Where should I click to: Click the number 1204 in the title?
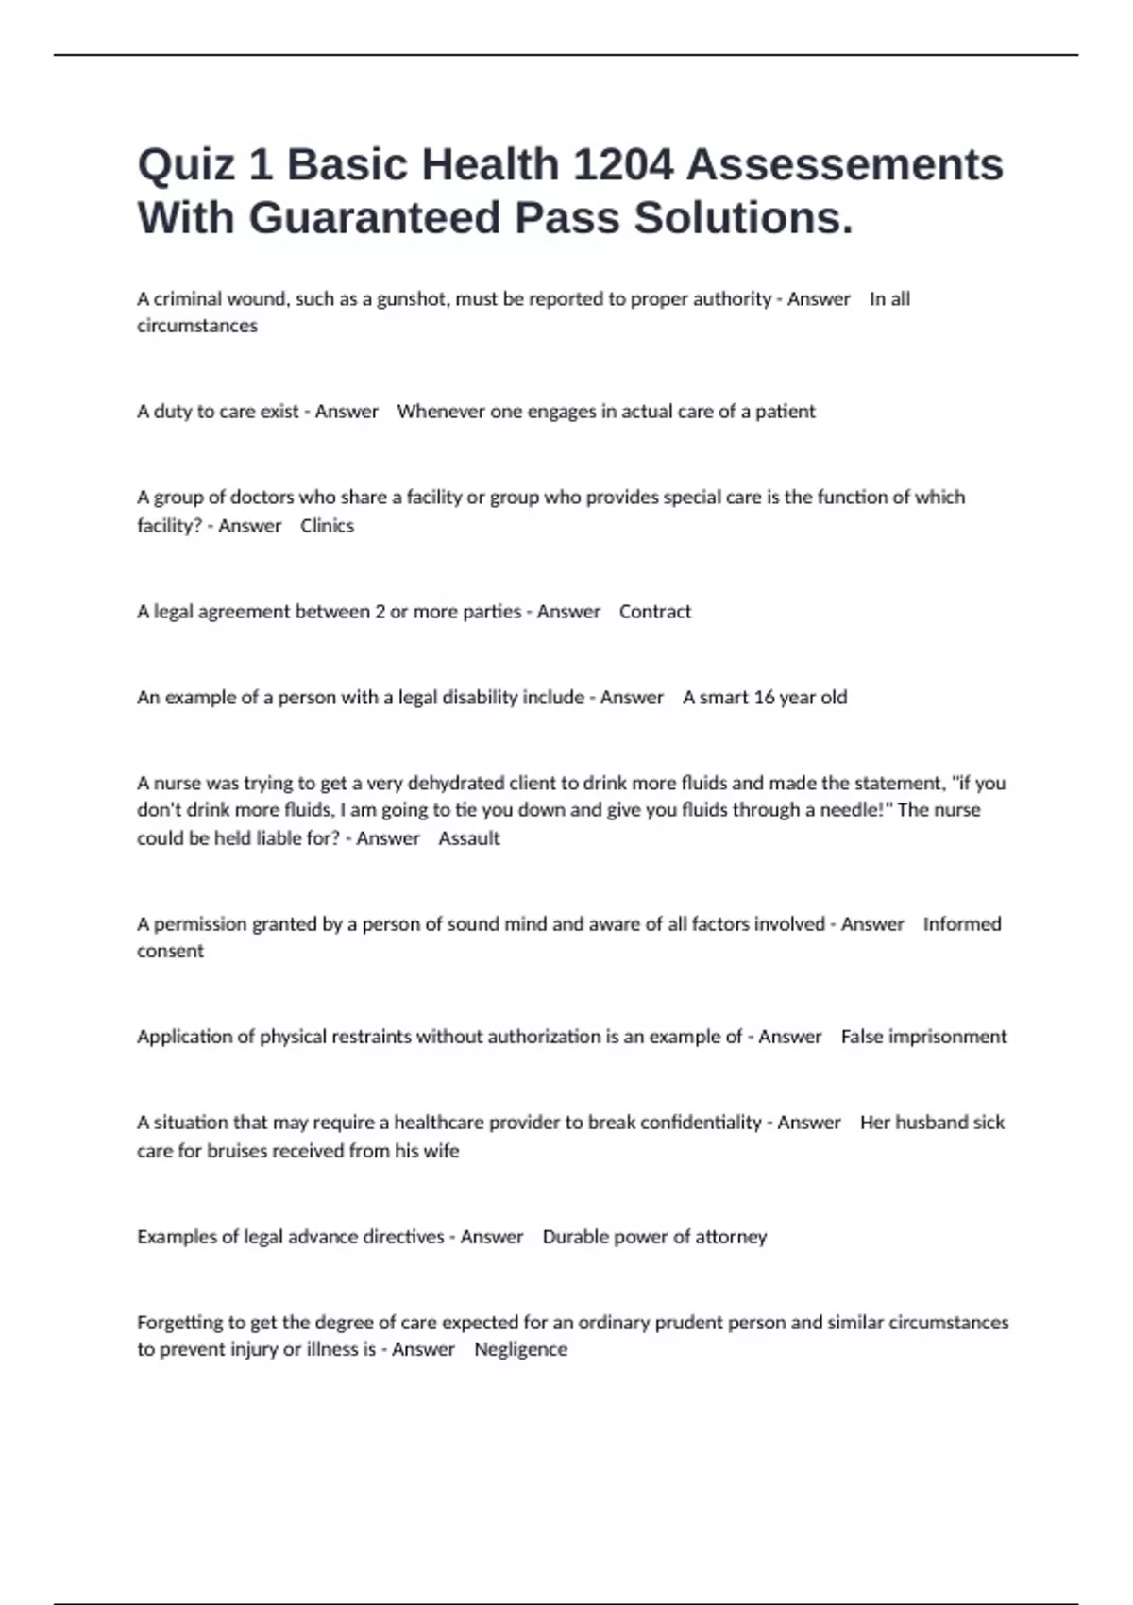pos(623,165)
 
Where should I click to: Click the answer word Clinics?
pos(327,526)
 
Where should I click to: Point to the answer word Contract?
pos(655,612)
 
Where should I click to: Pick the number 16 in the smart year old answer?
pos(764,698)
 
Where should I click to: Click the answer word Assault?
pos(469,838)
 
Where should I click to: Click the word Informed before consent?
pos(962,924)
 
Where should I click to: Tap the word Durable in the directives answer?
pos(576,1237)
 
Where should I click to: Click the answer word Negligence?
pos(520,1350)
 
